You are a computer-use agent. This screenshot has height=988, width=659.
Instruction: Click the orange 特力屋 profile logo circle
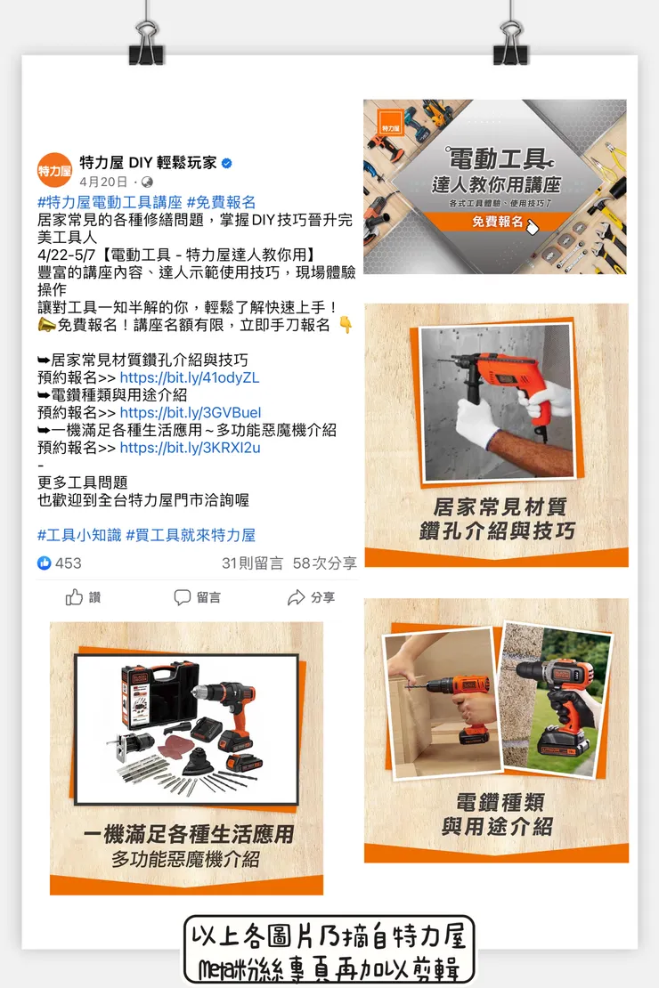(x=54, y=170)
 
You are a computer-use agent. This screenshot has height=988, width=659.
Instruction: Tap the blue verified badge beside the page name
(x=226, y=163)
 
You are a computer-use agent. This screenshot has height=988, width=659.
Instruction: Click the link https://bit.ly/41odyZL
(x=189, y=377)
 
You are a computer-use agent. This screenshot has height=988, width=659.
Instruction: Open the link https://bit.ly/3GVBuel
(x=190, y=412)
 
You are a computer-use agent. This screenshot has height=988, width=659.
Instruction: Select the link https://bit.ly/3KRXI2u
(x=190, y=448)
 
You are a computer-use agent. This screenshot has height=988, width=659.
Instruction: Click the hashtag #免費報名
(x=221, y=202)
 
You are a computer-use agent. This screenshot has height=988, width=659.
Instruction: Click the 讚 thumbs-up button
(x=84, y=597)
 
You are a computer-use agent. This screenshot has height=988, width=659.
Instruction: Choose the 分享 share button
(x=311, y=597)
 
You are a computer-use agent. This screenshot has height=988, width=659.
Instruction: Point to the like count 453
(x=68, y=563)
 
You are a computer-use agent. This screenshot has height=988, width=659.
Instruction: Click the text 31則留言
(x=252, y=563)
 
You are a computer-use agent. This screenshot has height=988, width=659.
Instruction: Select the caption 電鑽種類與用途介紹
(x=497, y=814)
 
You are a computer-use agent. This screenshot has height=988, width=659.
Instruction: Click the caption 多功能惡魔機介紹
(x=186, y=859)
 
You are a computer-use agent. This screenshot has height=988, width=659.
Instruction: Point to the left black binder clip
(x=146, y=45)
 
